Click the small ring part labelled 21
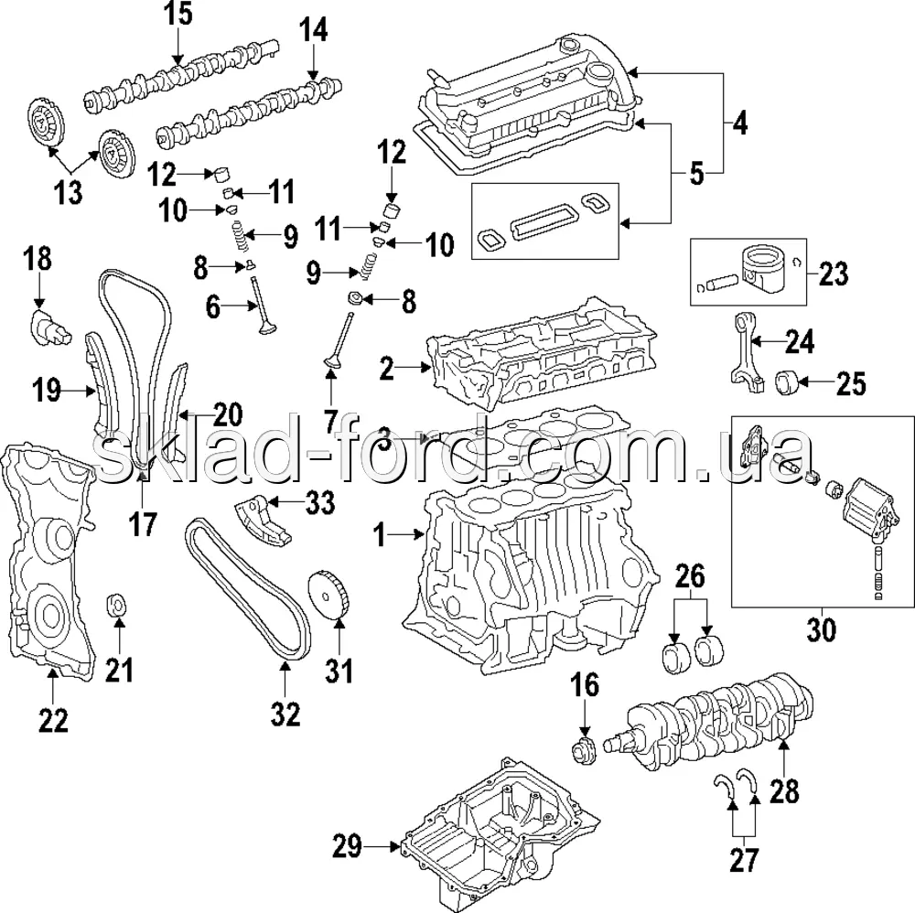[x=118, y=606]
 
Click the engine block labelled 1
[x=531, y=567]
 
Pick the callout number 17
[x=144, y=523]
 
